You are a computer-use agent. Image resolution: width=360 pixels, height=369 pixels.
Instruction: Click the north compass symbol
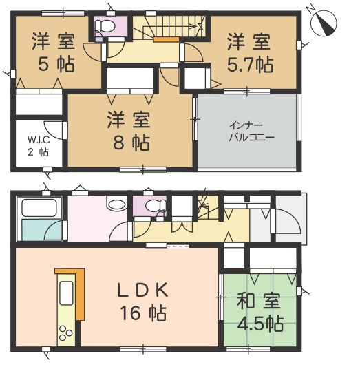click(x=324, y=22)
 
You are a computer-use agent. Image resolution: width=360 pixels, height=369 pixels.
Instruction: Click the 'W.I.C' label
click(x=38, y=140)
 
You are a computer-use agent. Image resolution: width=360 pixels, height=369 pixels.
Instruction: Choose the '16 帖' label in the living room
click(x=147, y=314)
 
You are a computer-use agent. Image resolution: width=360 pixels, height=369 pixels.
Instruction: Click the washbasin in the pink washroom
click(x=116, y=204)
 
